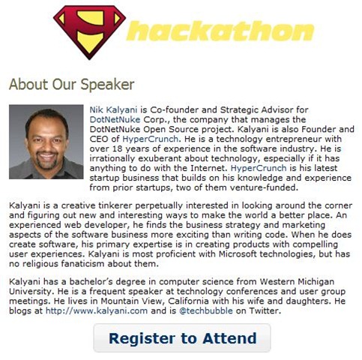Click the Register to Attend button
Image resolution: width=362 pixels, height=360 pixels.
[x=182, y=337]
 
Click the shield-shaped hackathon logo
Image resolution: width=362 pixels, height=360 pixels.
[x=89, y=32]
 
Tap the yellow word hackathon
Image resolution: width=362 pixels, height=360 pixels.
[x=220, y=31]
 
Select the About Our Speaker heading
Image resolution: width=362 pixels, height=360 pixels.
[x=72, y=84]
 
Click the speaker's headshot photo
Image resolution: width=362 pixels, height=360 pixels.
[x=46, y=142]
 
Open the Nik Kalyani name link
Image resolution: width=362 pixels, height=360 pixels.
[x=113, y=110]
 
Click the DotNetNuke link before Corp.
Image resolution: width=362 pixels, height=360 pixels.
[x=115, y=119]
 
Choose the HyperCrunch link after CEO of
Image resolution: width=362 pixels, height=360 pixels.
[x=151, y=139]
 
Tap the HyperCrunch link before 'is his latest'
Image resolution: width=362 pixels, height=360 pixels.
[x=259, y=168]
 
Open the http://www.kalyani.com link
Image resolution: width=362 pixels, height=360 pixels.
[x=97, y=310]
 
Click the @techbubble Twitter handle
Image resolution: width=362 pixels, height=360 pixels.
[x=206, y=310]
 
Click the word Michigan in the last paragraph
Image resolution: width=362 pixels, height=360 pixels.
[x=316, y=282]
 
